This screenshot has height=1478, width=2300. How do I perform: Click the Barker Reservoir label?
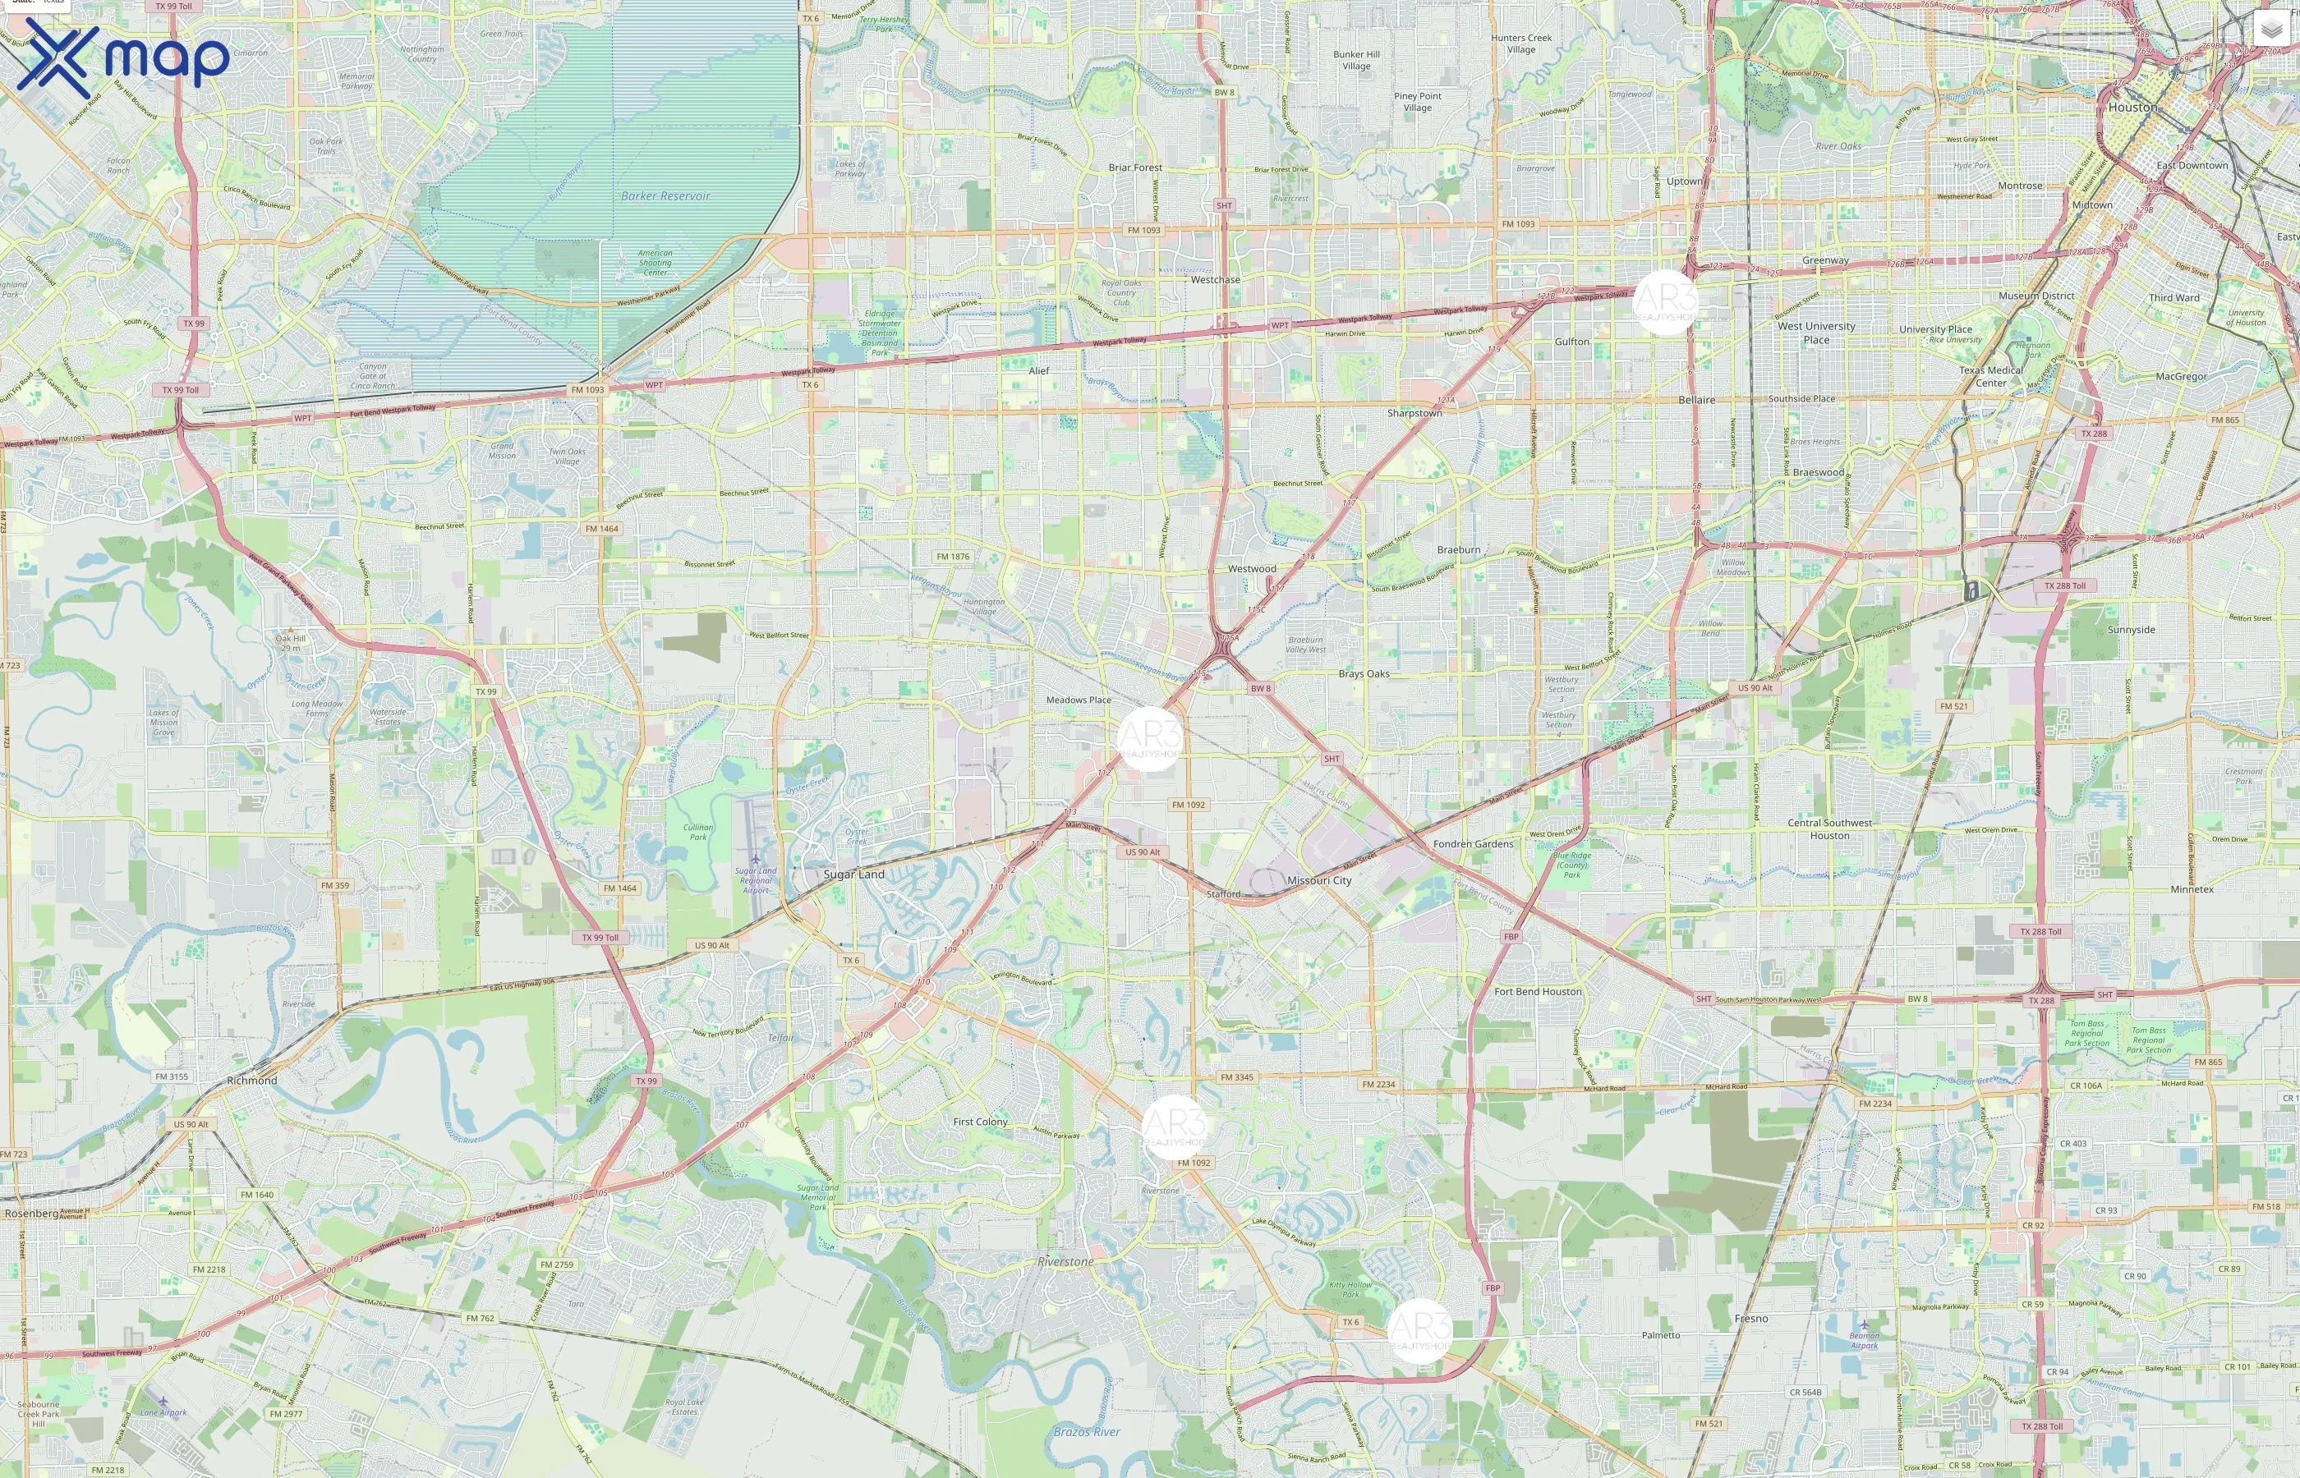(x=665, y=195)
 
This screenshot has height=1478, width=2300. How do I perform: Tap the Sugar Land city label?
(x=853, y=874)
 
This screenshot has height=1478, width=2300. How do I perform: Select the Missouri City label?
(x=1319, y=880)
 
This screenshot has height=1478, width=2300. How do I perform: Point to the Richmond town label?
(x=251, y=1080)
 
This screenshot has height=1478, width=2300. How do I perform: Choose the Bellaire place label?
(x=1696, y=399)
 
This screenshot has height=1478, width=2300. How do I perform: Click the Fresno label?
(x=1751, y=1318)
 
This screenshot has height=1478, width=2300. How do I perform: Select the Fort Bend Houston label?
(x=1537, y=991)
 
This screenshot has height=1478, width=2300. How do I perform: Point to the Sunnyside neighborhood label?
(x=2131, y=630)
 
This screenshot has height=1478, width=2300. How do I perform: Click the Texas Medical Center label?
(x=1990, y=376)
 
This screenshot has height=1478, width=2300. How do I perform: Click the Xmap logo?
(x=123, y=57)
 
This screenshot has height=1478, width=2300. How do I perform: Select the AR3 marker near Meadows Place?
(x=1149, y=739)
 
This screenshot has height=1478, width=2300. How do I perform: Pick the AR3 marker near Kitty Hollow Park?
(x=1419, y=1330)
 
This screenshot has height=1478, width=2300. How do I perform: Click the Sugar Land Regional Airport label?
(x=756, y=880)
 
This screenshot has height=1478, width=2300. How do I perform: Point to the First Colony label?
(x=980, y=1121)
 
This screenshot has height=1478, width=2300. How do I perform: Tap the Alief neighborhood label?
(x=1038, y=370)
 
